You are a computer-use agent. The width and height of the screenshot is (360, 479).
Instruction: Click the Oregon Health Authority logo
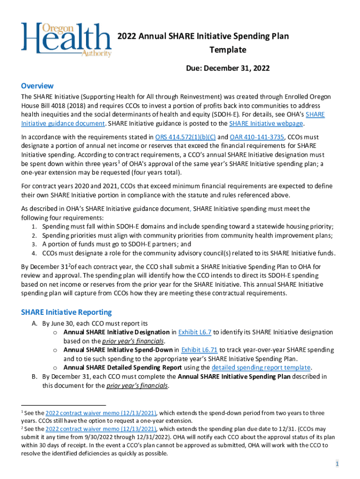(65, 40)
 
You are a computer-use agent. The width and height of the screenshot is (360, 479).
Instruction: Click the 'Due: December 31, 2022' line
(228, 68)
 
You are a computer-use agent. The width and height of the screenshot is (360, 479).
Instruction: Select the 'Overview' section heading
(37, 86)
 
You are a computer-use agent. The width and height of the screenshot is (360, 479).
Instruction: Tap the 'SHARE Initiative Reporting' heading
(66, 312)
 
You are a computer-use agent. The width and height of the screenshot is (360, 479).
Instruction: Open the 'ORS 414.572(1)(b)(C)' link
(185, 137)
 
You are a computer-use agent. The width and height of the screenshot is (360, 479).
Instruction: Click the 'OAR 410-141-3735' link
(257, 137)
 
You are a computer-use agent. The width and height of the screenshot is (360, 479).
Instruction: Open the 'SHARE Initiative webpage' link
(266, 123)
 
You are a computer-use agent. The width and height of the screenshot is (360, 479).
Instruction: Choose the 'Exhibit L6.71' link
(199, 350)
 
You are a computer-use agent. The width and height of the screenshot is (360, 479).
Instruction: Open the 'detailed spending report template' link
(261, 367)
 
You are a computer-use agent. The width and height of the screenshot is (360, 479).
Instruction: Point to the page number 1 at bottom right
(336, 464)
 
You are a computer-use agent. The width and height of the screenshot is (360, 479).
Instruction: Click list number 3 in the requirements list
(34, 244)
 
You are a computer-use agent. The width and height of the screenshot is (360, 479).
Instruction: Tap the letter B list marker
(34, 376)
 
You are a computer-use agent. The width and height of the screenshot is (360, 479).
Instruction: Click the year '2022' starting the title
(126, 36)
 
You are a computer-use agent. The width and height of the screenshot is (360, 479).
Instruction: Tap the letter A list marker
(34, 323)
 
